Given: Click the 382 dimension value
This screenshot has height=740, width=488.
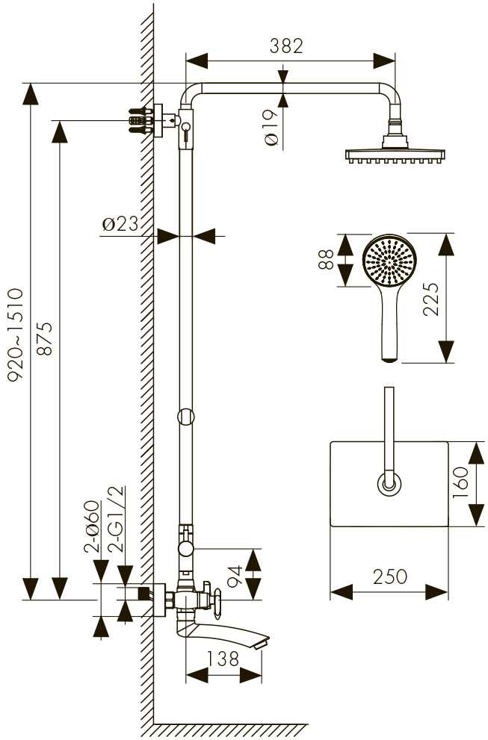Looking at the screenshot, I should tap(287, 46).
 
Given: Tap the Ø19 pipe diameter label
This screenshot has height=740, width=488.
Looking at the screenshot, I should tap(272, 127).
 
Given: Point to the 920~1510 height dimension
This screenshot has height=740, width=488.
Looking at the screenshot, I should tap(16, 335).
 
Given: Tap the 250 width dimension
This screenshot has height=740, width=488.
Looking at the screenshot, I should tap(389, 576).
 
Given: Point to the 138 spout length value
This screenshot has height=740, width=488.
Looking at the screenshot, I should tap(223, 659).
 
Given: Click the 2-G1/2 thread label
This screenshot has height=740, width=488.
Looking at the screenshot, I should tap(117, 518).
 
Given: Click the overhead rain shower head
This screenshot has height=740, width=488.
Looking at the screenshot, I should tap(395, 155).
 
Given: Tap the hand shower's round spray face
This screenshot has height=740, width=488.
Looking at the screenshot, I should tap(389, 261).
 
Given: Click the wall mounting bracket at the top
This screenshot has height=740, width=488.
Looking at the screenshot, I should tap(153, 119).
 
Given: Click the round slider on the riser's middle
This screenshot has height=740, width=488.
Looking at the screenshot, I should tap(186, 416).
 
